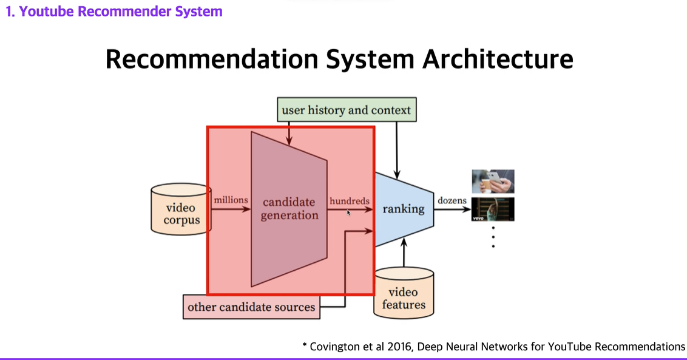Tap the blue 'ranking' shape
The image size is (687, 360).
click(x=403, y=209)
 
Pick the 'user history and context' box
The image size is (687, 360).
click(x=347, y=110)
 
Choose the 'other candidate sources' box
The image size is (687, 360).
click(x=251, y=307)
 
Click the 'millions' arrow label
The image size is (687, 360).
click(x=231, y=200)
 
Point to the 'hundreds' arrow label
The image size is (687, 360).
click(x=349, y=200)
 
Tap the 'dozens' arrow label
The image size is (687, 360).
click(x=452, y=200)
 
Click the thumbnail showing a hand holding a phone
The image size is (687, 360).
click(x=493, y=182)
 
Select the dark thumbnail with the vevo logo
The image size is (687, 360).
click(x=493, y=209)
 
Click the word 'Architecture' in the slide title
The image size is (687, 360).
click(x=498, y=59)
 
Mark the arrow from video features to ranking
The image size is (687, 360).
click(x=404, y=252)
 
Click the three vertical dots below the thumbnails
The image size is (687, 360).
click(x=493, y=237)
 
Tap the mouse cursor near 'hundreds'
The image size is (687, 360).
click(x=349, y=213)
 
